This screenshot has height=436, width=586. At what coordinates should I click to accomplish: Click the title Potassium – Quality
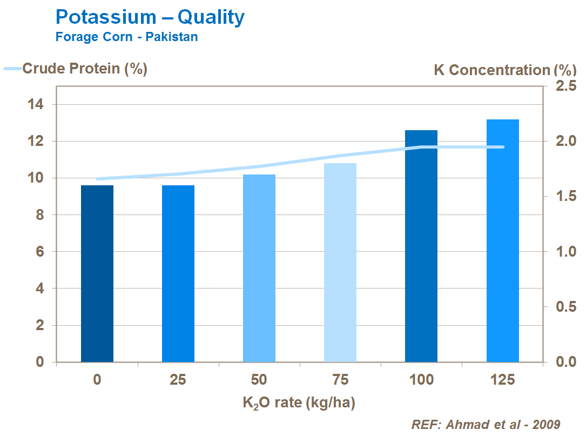[150, 17]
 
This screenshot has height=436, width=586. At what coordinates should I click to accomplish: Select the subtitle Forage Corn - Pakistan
[126, 37]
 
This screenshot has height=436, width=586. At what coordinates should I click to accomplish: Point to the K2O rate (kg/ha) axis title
[299, 403]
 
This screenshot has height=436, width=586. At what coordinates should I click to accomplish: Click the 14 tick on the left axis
[36, 104]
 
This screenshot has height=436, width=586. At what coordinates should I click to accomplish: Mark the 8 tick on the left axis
[40, 215]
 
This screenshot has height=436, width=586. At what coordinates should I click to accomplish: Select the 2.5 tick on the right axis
[564, 86]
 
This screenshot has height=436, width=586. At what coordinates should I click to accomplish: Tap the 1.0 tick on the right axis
[564, 252]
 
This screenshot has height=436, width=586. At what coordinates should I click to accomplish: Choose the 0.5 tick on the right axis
[564, 307]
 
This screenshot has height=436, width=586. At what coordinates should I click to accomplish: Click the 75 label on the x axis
[340, 380]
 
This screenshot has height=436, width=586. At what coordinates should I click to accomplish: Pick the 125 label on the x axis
[502, 380]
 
